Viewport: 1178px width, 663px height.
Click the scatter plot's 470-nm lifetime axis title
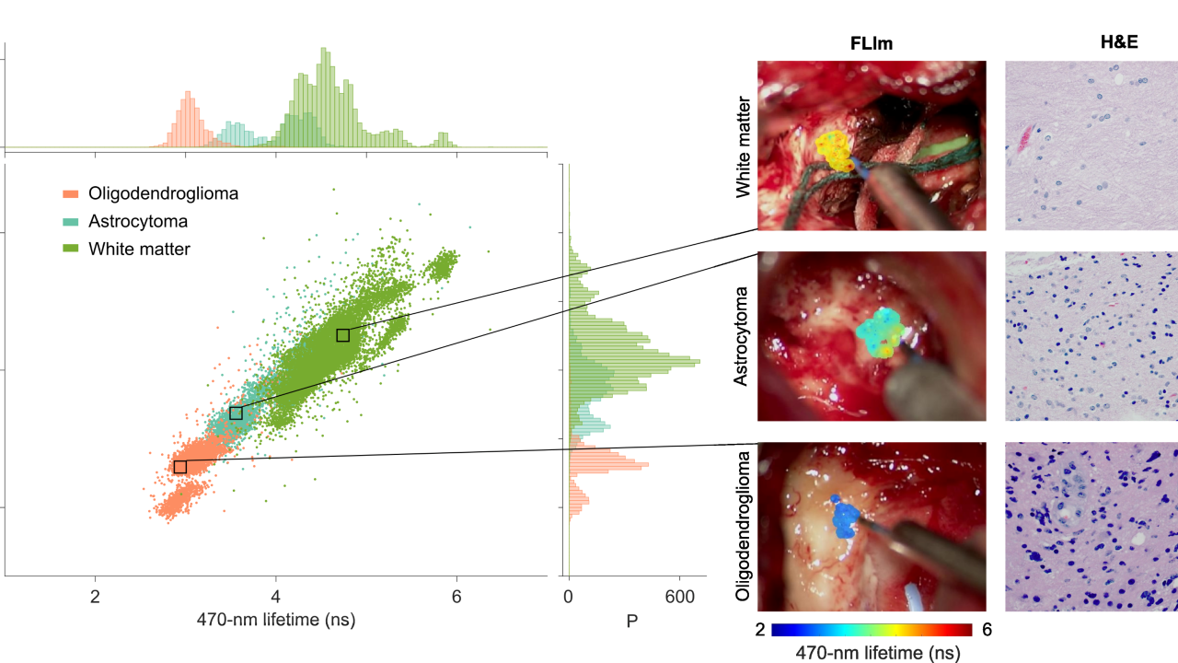[x=276, y=621]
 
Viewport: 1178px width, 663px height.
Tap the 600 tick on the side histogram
[x=680, y=597]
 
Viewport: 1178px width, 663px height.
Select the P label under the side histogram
[x=631, y=622]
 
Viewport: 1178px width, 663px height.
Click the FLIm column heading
[x=871, y=42]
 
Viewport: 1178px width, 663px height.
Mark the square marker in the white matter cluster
[x=343, y=335]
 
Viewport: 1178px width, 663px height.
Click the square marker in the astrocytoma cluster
[x=236, y=413]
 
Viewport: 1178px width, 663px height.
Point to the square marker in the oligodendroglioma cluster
[x=180, y=467]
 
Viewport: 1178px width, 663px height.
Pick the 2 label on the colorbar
[x=761, y=631]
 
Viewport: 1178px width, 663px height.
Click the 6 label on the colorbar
[x=986, y=631]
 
